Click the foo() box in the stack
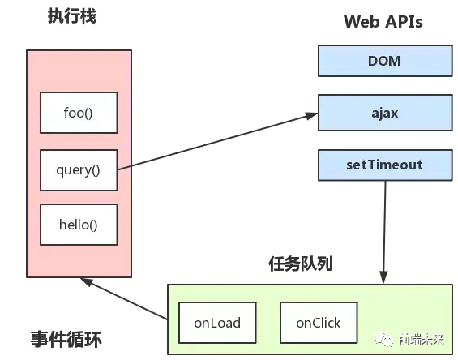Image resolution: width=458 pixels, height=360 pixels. tap(79, 114)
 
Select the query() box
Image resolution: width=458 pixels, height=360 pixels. tap(79, 169)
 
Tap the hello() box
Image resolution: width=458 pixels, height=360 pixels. tap(79, 225)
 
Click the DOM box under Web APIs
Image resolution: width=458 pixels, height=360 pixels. tap(384, 61)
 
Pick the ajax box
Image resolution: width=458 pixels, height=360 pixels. tap(384, 113)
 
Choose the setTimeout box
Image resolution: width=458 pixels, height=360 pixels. tap(384, 165)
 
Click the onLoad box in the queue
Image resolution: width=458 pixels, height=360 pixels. tap(216, 322)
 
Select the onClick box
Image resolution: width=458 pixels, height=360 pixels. tap(318, 322)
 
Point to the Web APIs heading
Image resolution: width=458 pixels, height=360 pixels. tap(383, 21)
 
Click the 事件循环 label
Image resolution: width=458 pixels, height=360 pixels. tap(66, 338)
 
